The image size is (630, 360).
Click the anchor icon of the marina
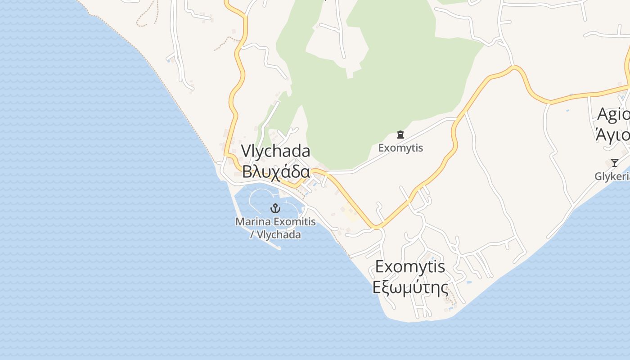[x=275, y=208]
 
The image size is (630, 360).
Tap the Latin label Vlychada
[x=275, y=151]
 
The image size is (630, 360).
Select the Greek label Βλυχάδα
[x=276, y=171]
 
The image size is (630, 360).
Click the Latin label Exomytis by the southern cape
[x=410, y=266]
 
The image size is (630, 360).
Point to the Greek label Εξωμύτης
[x=410, y=287]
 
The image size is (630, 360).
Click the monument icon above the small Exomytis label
[x=400, y=134]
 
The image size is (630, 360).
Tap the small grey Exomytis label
[x=400, y=148]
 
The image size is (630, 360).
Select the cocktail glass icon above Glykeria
[x=614, y=162]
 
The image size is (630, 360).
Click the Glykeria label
[x=612, y=176]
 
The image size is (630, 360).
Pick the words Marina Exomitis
[x=275, y=221]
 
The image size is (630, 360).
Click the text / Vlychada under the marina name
[x=275, y=234]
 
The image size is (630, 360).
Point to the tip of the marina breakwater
[x=279, y=247]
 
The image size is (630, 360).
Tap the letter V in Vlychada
[x=246, y=151]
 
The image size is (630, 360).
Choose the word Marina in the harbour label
[x=250, y=221]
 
